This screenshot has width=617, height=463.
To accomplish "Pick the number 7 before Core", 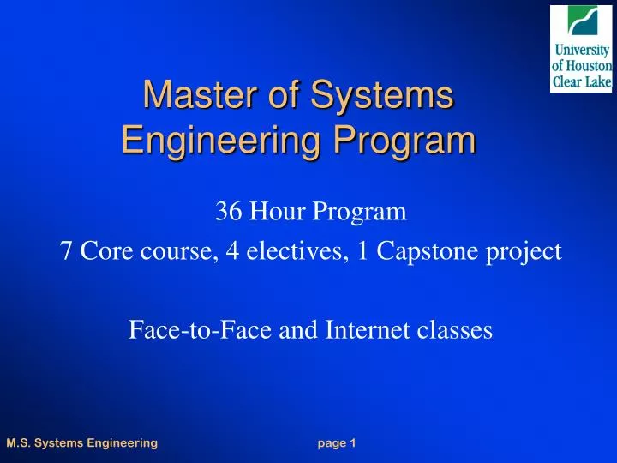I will [65, 252].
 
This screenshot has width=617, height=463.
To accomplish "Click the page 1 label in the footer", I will [336, 442].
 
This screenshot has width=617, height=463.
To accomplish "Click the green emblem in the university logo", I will [580, 21].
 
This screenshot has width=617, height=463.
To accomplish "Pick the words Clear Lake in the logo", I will [581, 81].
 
